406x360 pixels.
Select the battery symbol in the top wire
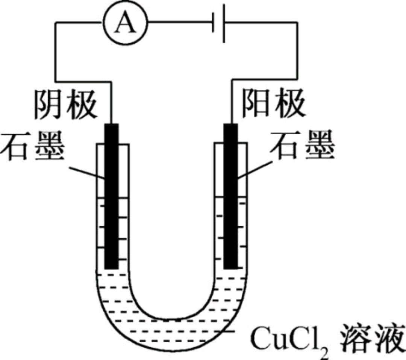coord(218,24)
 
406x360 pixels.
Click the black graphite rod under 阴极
coord(111,196)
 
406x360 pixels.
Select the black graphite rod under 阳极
coord(231,196)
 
